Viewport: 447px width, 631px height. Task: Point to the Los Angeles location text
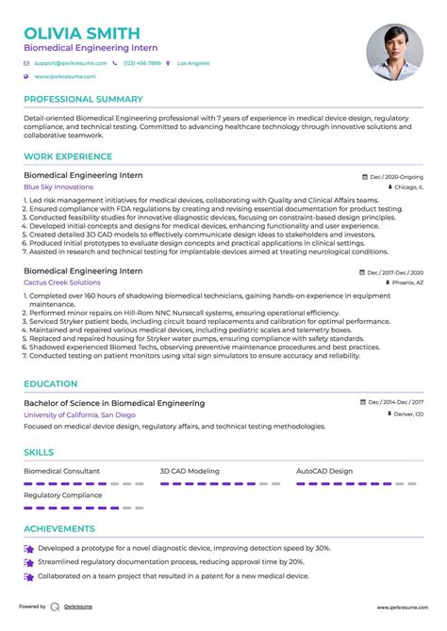pyautogui.click(x=195, y=63)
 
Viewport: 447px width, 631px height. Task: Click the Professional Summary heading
pyautogui.click(x=83, y=99)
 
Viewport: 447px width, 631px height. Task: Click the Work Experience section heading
pyautogui.click(x=65, y=158)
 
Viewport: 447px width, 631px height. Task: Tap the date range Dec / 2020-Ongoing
pyautogui.click(x=396, y=176)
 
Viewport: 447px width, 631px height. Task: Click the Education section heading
pyautogui.click(x=51, y=384)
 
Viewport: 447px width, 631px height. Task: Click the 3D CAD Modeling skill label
pyautogui.click(x=190, y=470)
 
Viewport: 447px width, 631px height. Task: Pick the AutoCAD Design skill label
pyautogui.click(x=324, y=470)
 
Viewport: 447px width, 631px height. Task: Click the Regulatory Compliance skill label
pyautogui.click(x=62, y=493)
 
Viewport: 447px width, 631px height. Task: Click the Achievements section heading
pyautogui.click(x=59, y=529)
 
